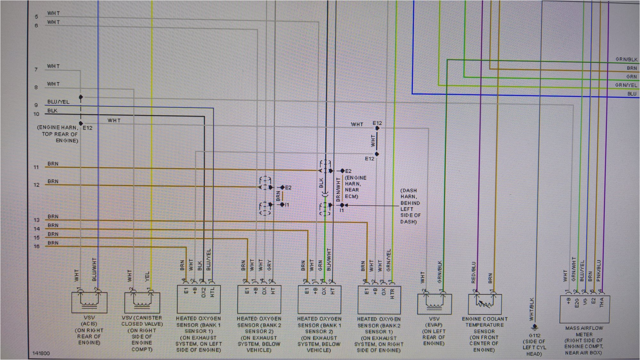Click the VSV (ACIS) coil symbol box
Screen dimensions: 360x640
click(89, 302)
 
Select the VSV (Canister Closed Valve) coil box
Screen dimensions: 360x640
click(142, 302)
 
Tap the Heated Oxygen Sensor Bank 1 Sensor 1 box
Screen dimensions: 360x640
click(198, 299)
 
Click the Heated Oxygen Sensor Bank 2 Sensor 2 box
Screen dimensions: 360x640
click(259, 299)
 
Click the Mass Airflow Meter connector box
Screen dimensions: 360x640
click(584, 309)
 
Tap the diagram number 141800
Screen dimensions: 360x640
click(41, 353)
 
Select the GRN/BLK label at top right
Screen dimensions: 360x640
click(626, 60)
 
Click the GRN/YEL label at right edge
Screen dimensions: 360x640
click(626, 85)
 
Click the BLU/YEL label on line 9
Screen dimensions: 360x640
click(58, 102)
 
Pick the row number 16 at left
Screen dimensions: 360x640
click(36, 246)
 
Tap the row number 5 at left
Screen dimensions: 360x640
click(36, 16)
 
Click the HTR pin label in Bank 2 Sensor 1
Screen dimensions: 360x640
click(393, 293)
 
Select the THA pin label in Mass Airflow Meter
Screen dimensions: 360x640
click(601, 302)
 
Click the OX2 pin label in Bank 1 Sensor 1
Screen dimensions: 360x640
click(203, 292)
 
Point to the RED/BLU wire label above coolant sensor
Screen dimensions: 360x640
click(474, 272)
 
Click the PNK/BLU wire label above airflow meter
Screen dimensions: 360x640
click(599, 271)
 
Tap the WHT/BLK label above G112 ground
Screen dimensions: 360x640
click(531, 309)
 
